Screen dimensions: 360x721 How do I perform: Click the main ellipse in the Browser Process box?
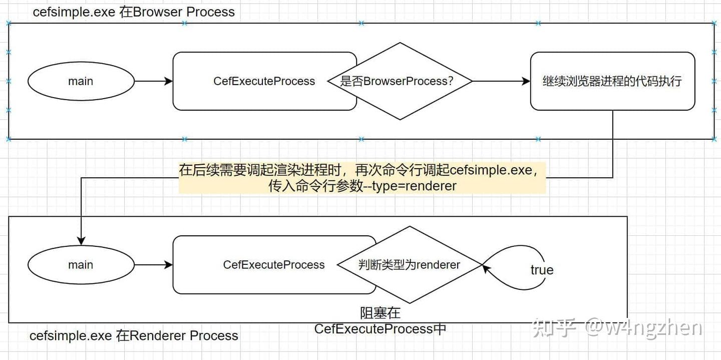[x=81, y=81]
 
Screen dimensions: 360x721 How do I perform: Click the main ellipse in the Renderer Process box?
[x=81, y=265]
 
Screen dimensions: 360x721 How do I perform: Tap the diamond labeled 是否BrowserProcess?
[x=400, y=81]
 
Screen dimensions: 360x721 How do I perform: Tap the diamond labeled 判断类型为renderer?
[x=409, y=265]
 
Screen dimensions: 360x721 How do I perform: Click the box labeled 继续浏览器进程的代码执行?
[x=612, y=81]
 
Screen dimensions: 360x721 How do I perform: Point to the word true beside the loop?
[x=542, y=270]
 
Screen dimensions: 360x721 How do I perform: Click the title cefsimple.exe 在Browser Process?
[x=134, y=12]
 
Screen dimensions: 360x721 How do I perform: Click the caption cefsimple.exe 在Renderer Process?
[x=134, y=335]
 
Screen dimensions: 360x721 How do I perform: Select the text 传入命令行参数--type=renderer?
[x=363, y=186]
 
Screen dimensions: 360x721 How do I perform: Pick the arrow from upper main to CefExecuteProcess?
[x=153, y=81]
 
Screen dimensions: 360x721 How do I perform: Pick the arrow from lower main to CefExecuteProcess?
[x=153, y=265]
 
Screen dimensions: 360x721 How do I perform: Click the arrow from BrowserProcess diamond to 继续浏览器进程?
[x=501, y=81]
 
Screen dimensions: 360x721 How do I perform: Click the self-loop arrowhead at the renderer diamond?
[x=486, y=268]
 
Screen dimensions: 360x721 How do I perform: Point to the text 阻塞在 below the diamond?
[x=381, y=313]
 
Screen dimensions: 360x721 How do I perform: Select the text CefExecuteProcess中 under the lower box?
[x=380, y=329]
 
